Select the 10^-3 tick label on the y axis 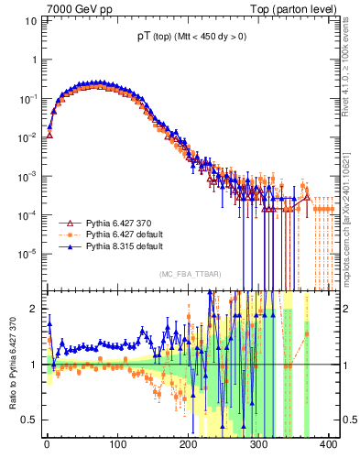[27, 176]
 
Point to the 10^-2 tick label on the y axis [27, 137]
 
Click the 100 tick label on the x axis [117, 446]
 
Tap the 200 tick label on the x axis [189, 446]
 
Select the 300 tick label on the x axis [259, 446]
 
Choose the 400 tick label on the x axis [330, 446]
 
